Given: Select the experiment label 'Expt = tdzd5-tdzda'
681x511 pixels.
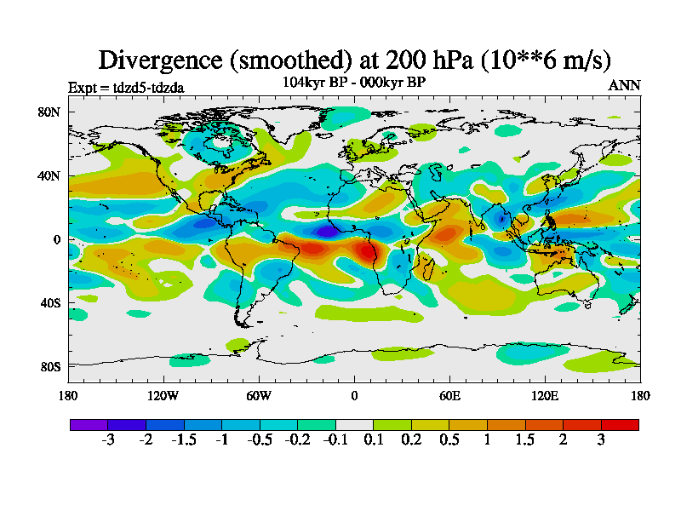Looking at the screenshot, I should coord(125,87).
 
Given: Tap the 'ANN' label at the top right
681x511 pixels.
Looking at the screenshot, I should coord(624,85).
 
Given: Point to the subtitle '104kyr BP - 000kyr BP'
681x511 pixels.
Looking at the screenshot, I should coord(354,82).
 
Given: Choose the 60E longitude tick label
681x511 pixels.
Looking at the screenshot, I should coord(449,395).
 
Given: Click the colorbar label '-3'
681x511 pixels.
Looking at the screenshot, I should coord(108,440).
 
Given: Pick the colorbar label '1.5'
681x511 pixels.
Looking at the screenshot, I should coord(525,440).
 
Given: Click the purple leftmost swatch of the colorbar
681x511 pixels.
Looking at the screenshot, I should coord(89,424).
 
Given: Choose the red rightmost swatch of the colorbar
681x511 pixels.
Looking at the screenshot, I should coord(620,424).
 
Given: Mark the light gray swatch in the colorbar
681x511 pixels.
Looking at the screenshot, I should coord(354,424).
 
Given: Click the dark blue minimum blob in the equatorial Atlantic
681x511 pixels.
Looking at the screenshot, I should coord(327,231).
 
